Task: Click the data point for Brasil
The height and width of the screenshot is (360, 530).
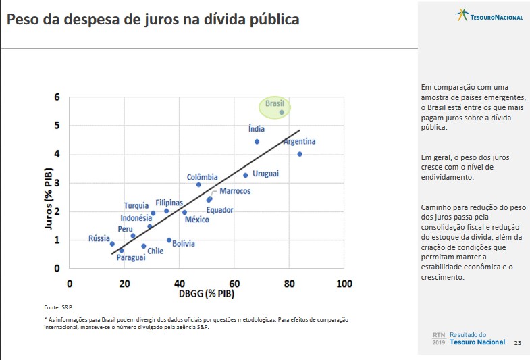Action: click(282, 112)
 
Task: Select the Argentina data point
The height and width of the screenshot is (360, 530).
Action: click(300, 154)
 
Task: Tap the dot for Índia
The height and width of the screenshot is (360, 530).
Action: click(257, 142)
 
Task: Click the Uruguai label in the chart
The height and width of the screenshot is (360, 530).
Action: click(265, 174)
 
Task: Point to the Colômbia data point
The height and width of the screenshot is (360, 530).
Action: click(198, 184)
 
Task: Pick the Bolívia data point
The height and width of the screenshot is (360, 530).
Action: click(169, 240)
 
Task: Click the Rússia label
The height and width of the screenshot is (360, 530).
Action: click(99, 238)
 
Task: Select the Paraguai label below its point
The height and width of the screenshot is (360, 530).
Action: click(131, 257)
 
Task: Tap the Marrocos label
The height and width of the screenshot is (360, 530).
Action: click(235, 191)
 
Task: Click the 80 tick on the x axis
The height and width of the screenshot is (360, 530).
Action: click(289, 284)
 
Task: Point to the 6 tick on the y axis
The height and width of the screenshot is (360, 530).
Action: click(57, 97)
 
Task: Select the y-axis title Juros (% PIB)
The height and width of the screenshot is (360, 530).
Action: click(49, 203)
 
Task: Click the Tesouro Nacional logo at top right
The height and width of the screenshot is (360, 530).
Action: click(490, 16)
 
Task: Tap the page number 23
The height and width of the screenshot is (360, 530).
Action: click(518, 342)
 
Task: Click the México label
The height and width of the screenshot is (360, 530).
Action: click(196, 220)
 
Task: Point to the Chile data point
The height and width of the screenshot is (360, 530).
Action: click(144, 246)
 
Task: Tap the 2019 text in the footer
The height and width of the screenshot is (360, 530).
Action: click(439, 342)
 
